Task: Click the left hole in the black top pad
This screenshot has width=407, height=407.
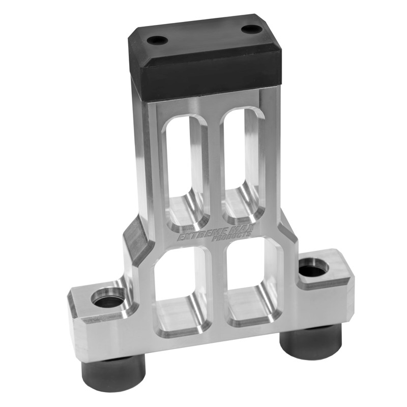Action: pyautogui.click(x=157, y=40)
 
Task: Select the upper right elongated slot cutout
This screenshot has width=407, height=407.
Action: pyautogui.click(x=243, y=161)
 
